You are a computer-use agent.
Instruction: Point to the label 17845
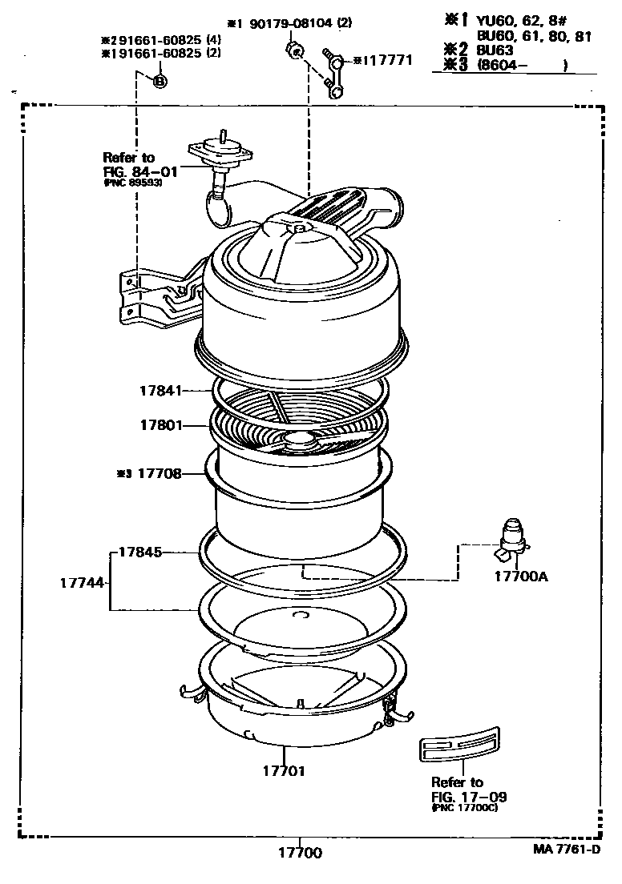[141, 552]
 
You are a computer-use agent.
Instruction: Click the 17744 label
[82, 583]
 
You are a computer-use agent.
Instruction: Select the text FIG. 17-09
[469, 797]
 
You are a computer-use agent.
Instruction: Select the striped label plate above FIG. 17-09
[458, 745]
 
